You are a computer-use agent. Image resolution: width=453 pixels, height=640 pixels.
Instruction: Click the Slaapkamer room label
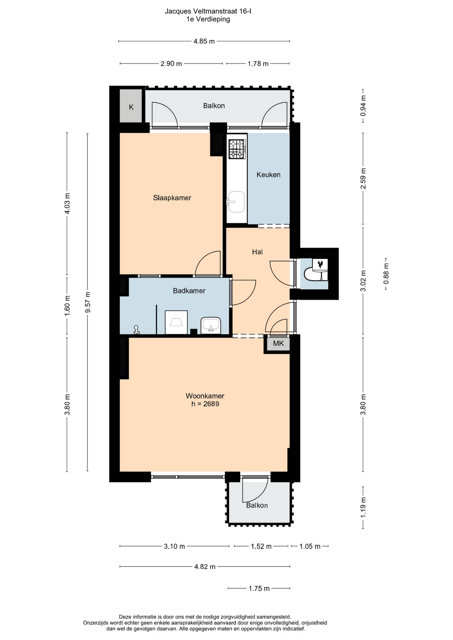pos(172,198)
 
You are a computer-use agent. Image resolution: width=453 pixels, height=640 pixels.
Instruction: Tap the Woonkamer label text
pos(205,396)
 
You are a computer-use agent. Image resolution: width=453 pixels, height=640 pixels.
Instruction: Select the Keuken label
pos(268,175)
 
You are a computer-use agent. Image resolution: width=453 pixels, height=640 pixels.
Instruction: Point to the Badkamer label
pos(189,291)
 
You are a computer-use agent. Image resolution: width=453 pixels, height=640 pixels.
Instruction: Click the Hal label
pos(257,252)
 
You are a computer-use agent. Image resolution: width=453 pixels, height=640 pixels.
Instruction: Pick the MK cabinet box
pos(278,343)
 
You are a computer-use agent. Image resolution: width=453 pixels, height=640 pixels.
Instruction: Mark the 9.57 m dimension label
pos(88,302)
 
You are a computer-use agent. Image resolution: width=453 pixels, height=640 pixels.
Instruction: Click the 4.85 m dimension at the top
pos(204,41)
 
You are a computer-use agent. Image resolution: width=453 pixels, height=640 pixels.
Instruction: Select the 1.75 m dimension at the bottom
pos(259,588)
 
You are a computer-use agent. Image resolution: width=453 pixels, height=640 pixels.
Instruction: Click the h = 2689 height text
pos(205,404)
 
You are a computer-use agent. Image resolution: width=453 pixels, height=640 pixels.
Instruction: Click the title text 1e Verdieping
pos(208,19)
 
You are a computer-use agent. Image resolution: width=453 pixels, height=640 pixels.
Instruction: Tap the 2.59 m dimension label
pos(363,179)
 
